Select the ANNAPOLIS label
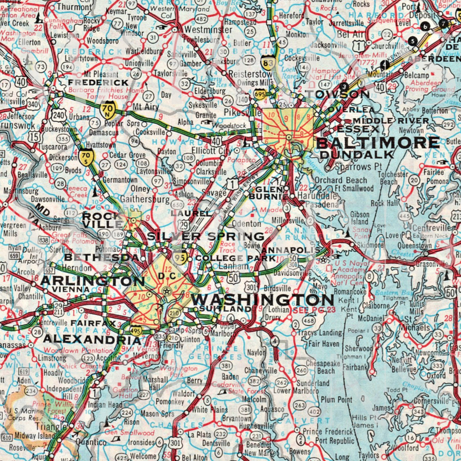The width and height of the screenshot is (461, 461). pos(290,250)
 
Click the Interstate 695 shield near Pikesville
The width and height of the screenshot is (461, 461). pos(260,93)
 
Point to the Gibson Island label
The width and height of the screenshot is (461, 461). pos(359,218)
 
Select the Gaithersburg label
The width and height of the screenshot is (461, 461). pos(144,199)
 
